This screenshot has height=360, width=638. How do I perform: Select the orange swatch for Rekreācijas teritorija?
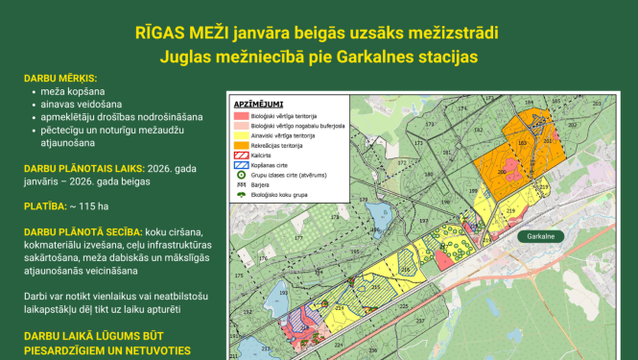pos(240,146)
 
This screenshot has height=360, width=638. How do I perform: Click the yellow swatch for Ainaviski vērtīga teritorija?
pos(240,135)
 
